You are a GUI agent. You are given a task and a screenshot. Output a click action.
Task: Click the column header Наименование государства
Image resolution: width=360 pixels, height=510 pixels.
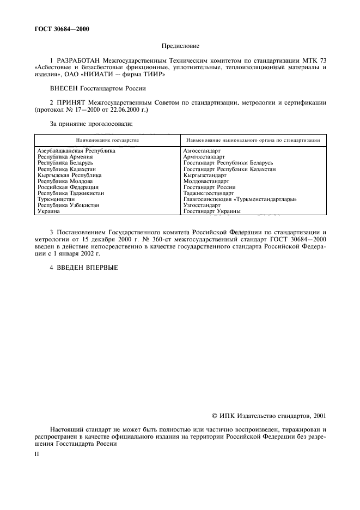tap(107, 140)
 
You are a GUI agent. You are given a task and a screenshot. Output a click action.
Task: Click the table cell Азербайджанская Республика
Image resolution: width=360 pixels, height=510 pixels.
tap(76, 150)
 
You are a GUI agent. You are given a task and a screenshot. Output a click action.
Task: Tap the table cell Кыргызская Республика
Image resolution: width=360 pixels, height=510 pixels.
tap(69, 175)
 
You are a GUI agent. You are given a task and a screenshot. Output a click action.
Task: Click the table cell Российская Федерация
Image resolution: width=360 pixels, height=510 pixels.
tap(68, 187)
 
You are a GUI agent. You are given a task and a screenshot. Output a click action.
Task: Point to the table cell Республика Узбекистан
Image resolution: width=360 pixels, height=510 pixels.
tap(68, 205)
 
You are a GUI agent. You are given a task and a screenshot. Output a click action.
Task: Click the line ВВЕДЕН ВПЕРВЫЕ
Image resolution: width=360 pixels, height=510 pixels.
tap(83, 267)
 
